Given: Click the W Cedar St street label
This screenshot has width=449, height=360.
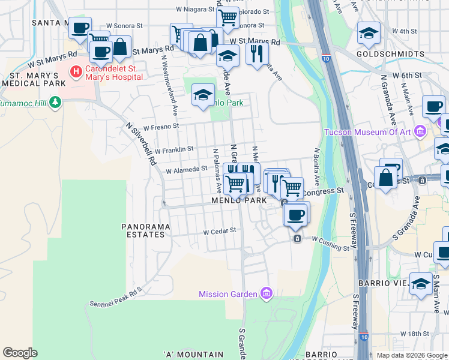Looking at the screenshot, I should (x=220, y=231).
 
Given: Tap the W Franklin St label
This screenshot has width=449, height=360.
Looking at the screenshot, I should (x=173, y=149).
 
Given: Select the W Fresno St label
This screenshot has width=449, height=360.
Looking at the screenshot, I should (x=161, y=126).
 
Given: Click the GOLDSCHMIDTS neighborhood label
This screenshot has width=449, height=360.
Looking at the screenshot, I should (x=390, y=54).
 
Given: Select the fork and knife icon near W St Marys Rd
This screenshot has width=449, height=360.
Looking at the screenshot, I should (x=257, y=54).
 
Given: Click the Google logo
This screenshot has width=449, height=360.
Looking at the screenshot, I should (x=20, y=353).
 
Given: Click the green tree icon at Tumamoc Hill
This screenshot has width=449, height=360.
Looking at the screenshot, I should (x=55, y=103).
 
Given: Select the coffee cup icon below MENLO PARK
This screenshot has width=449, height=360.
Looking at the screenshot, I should (x=295, y=215).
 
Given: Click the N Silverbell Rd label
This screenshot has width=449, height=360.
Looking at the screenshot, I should (x=142, y=145).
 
